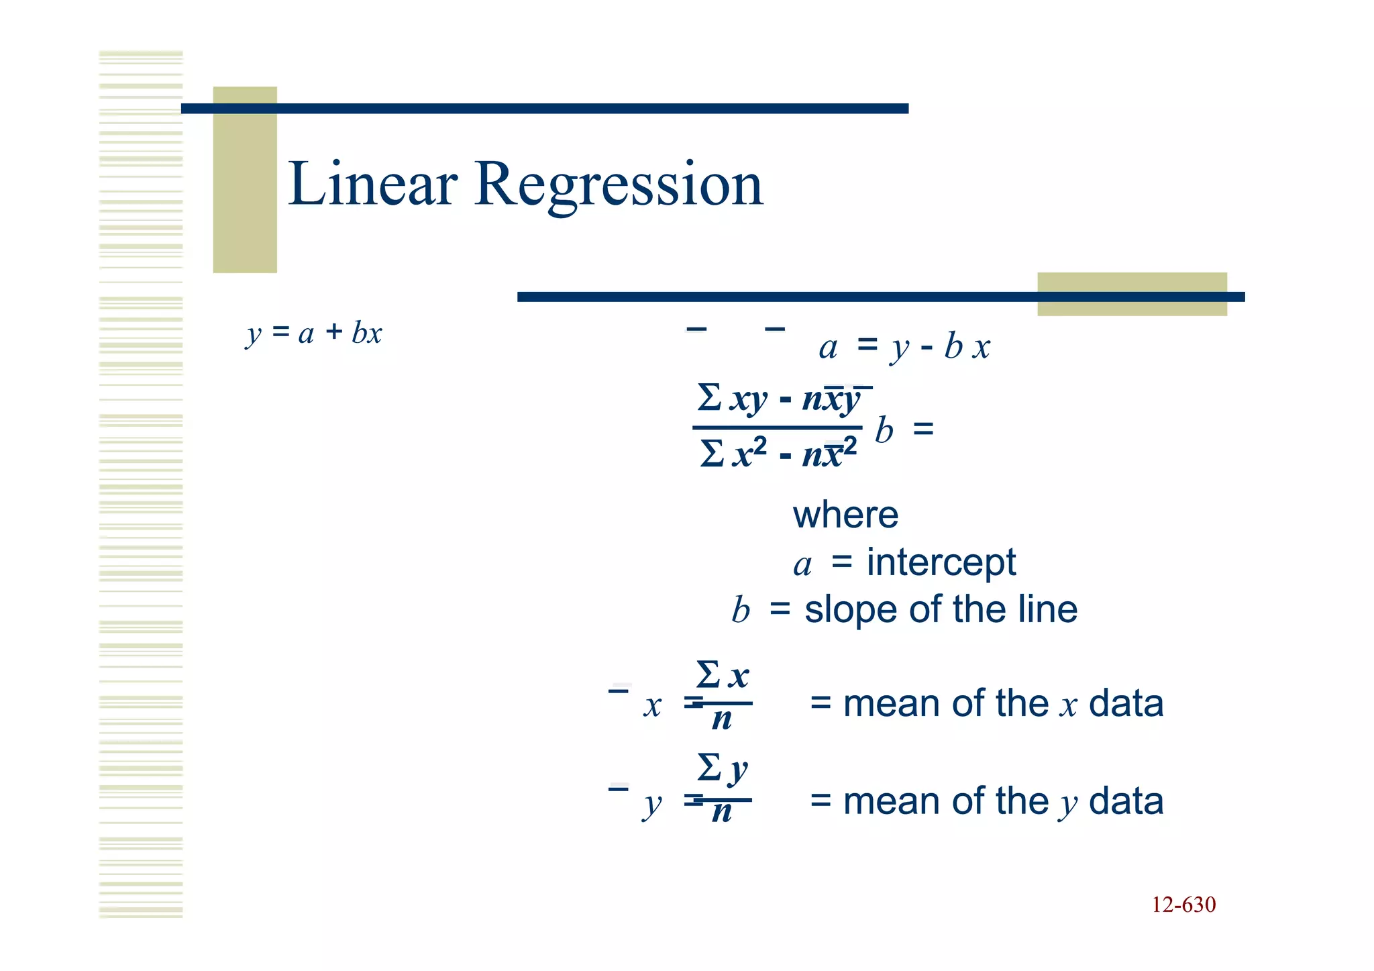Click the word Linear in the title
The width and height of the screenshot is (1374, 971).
pos(373,184)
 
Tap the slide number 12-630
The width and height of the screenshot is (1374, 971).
pos(1183,905)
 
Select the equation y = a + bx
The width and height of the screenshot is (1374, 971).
pos(314,333)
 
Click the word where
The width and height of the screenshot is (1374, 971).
pos(845,515)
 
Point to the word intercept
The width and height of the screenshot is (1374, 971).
pos(941,562)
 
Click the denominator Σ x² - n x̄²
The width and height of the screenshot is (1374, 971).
pos(778,454)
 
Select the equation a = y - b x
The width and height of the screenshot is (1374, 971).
pos(904,347)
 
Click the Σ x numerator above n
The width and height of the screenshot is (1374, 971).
pos(722,675)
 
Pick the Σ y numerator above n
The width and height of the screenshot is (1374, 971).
pos(722,769)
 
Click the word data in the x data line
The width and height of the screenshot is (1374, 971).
pos(1126,704)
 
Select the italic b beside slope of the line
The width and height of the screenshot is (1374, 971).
pos(741,611)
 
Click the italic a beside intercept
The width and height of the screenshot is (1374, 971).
pos(802,565)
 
